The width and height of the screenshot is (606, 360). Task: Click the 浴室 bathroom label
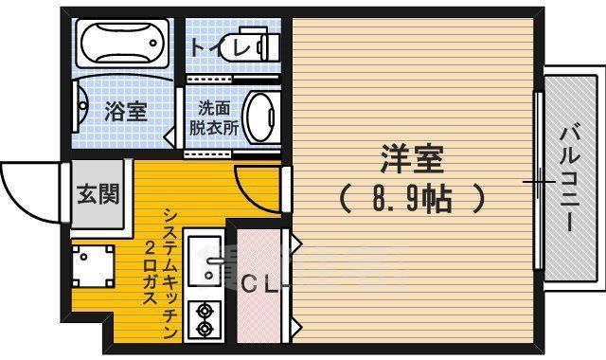(125, 111)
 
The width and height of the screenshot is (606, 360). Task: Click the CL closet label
(258, 283)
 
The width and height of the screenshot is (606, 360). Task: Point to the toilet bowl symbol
(257, 45)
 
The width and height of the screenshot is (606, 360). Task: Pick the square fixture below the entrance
(93, 267)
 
